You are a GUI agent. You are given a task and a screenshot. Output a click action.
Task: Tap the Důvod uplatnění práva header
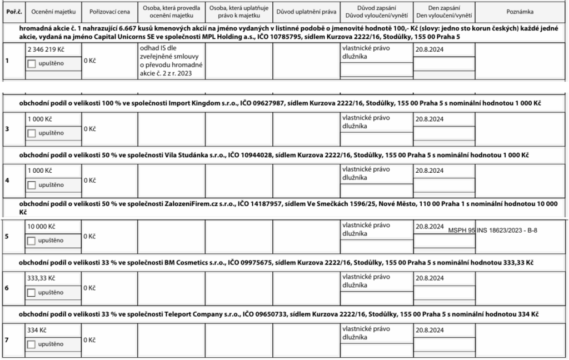pos(306,11)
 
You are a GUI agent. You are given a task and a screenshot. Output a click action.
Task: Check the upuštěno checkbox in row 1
pos(32,63)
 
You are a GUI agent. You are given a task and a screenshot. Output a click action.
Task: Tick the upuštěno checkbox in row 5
pos(32,240)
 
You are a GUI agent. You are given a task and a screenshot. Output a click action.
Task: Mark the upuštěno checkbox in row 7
pos(32,345)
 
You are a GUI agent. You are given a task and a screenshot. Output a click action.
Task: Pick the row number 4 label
pos(7,180)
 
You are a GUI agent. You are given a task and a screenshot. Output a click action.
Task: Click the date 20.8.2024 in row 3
pos(430,119)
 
